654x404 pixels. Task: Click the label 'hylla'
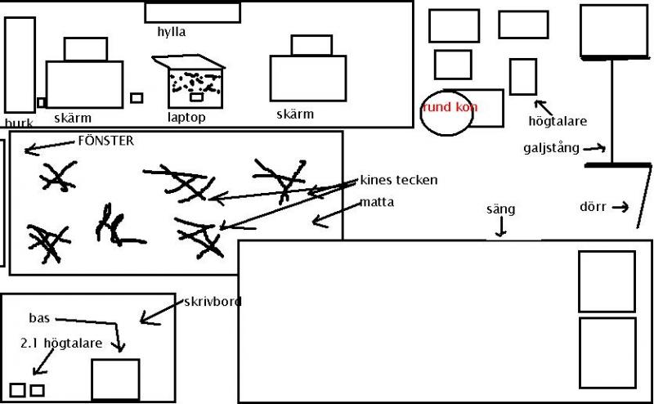[172, 33]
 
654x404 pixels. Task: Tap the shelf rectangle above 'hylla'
[192, 12]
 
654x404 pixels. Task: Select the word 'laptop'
[186, 117]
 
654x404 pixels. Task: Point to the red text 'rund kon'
[450, 107]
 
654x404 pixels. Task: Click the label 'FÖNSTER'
[105, 141]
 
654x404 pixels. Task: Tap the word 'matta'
[377, 201]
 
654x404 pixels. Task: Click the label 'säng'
[500, 209]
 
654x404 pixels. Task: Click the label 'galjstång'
[551, 148]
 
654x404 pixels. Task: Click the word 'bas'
[39, 318]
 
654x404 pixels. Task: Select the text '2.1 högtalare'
[62, 343]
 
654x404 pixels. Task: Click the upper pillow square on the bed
[607, 281]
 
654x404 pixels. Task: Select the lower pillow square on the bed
[607, 352]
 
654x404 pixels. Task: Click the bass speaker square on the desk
[114, 379]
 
